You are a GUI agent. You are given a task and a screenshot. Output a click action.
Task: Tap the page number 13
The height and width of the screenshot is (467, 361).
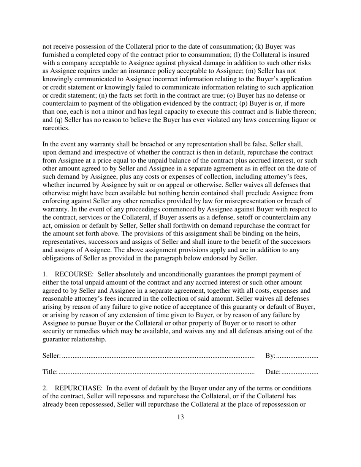click(x=180, y=417)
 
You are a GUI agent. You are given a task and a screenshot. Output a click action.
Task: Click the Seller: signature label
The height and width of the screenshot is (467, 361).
click(x=51, y=356)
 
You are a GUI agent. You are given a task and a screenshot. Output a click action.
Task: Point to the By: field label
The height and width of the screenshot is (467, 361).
click(x=270, y=356)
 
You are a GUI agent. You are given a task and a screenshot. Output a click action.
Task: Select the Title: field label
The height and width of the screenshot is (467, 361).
click(x=50, y=372)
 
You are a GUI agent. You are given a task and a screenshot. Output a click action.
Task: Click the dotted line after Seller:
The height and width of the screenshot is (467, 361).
click(x=158, y=357)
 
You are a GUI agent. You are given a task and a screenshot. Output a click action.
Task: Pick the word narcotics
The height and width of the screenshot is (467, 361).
click(x=56, y=128)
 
